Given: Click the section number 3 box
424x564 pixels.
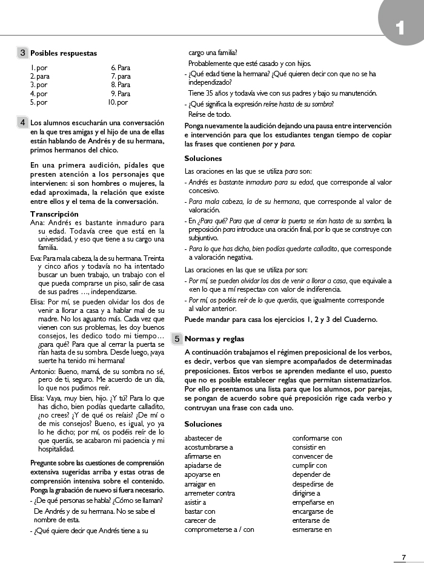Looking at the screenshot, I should (x=23, y=53).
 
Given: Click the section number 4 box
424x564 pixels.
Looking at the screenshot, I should (x=23, y=122).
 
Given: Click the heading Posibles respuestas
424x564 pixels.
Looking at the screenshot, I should (x=64, y=53).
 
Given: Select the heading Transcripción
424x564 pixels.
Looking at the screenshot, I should (x=55, y=214).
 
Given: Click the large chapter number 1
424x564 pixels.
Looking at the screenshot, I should (x=399, y=27).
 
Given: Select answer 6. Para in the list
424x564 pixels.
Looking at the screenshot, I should (x=121, y=68).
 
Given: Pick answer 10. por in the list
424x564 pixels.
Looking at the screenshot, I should (x=118, y=102).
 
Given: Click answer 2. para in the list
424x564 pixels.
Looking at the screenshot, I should (x=40, y=77).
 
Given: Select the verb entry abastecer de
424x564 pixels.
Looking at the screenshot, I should (x=203, y=438).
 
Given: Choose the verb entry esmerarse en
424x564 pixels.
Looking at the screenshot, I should (x=312, y=530).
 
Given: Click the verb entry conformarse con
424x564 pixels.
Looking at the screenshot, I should (x=317, y=438).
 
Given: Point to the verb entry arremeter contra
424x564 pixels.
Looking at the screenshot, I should (x=210, y=493).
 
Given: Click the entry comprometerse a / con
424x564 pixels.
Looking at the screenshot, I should (x=219, y=530).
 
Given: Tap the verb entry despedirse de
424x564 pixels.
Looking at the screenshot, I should (x=313, y=484).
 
